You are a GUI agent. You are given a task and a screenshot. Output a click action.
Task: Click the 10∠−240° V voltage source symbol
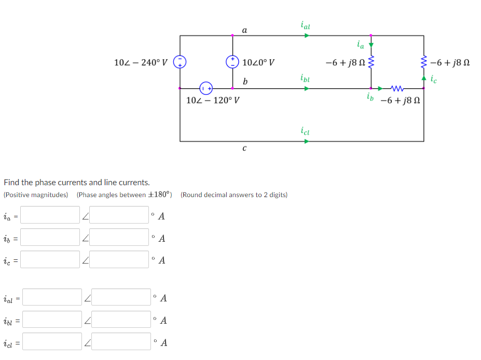point(180,62)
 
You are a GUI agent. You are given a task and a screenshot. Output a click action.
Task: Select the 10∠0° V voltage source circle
point(232,62)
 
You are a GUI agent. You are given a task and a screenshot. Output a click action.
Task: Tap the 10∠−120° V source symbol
point(206,87)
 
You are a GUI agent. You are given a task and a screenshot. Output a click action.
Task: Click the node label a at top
point(244,30)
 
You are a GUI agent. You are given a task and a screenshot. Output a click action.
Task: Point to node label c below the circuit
point(244,148)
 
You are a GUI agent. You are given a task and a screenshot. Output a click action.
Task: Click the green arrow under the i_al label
point(307,36)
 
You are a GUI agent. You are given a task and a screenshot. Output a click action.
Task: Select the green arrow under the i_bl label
point(307,88)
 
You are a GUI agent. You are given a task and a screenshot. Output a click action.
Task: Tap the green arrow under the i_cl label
point(307,141)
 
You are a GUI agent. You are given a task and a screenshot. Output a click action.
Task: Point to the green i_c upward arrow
point(424,78)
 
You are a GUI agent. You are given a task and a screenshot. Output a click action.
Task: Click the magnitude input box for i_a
point(50,215)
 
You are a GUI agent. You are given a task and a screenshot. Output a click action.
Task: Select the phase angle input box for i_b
point(119,238)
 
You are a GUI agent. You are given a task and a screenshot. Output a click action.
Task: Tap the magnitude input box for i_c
point(50,260)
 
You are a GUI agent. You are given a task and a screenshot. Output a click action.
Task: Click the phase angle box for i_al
point(121,297)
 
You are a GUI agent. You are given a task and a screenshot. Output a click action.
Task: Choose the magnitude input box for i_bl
point(52,320)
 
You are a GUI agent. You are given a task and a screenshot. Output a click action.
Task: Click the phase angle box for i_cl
point(121,342)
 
